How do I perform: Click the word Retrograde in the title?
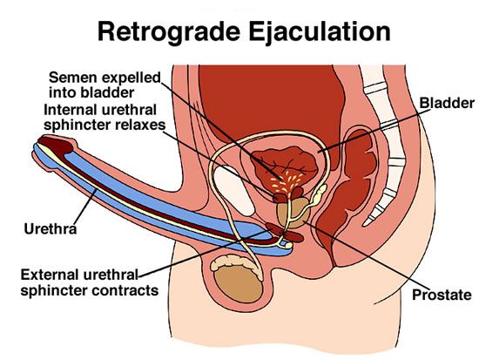169,32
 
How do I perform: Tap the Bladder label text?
447,103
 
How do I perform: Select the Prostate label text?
442,295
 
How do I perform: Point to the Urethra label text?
51,228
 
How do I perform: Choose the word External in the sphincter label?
51,275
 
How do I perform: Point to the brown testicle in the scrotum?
239,284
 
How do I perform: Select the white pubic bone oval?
234,190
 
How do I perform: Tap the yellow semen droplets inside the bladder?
287,183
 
